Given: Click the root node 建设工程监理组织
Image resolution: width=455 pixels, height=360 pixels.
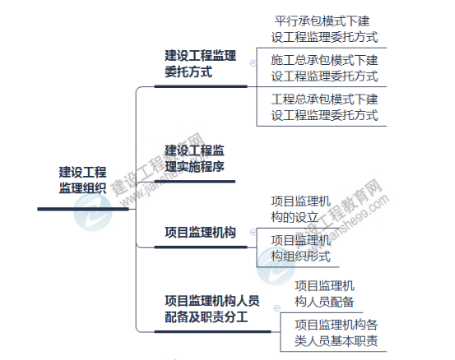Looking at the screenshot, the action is coord(83,180).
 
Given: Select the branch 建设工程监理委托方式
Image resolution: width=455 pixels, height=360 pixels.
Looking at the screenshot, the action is coord(200,64).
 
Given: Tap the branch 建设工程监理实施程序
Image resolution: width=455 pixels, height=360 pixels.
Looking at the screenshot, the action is coord(194,159).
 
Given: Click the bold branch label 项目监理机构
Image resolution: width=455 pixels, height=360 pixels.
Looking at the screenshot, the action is coord(200,233).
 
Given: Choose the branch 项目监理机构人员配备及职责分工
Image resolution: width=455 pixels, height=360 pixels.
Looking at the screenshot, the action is coord(212,309).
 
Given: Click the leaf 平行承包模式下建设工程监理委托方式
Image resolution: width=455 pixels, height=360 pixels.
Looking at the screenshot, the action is coord(324,30).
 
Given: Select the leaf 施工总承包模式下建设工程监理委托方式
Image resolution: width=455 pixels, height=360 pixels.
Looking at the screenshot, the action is coord(324,68).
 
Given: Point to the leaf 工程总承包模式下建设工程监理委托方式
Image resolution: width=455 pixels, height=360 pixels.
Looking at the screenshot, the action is coord(324,107).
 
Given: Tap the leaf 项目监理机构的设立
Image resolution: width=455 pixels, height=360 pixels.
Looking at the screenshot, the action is coord(301,210).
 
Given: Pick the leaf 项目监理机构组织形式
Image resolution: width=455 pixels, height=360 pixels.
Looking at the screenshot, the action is coord(301,248).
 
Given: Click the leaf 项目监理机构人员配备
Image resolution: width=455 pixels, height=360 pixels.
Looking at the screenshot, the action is coord(324,294).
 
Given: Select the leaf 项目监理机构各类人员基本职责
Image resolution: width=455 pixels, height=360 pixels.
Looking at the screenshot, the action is coord(337,333).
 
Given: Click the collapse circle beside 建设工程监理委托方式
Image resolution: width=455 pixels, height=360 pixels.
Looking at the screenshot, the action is coord(253,63).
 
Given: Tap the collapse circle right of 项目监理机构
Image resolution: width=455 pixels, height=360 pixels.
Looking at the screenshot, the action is coord(253,232).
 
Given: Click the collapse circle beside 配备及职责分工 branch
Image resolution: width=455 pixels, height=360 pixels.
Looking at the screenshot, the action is coord(276,308).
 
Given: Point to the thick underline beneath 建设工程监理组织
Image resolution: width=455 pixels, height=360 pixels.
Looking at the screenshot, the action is coord(83,209).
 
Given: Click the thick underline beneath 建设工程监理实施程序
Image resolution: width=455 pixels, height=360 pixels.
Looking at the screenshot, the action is coord(195,182).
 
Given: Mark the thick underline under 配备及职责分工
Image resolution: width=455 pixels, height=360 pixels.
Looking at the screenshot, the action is coord(213,331).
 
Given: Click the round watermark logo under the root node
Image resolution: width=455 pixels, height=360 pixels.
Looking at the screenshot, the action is coord(93,212).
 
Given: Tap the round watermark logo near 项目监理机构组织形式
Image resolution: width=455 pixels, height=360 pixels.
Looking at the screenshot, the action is coord(276,266).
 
